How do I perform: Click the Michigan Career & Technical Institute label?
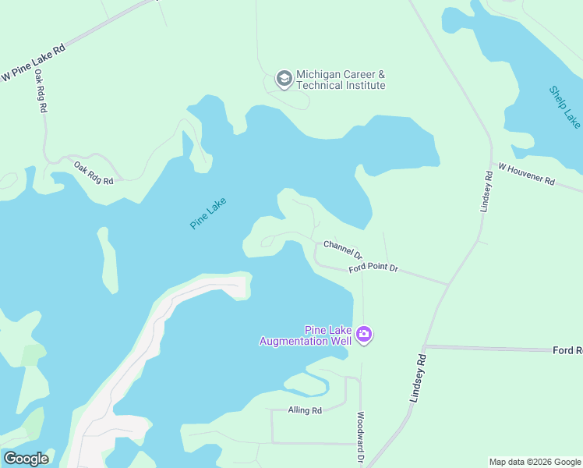coord(341,80)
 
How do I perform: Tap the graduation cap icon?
coord(284,79)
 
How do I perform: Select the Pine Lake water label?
coord(208,213)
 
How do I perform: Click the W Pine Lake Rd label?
coord(34,62)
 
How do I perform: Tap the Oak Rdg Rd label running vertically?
coord(39,92)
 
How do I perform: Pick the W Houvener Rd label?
coord(526,174)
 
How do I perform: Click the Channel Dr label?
coord(343,249)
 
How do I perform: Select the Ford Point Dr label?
coord(373,268)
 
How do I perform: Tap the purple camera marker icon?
coord(364,335)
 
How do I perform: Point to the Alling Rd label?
coord(304,410)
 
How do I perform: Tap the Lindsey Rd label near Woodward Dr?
coord(419,378)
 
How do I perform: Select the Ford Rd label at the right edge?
coord(567,351)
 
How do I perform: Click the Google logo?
coord(26,459)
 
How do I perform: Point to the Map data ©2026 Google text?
coord(535,462)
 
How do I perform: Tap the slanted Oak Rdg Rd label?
coord(94,172)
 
